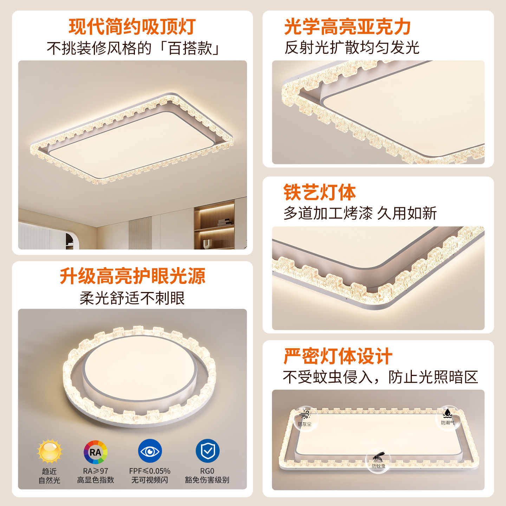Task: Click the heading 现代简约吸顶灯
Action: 132,26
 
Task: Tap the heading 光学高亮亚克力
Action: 348,26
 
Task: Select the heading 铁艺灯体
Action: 319,192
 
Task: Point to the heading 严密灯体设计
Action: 338,356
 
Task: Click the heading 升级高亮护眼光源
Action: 132,276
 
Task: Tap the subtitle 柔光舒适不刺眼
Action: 132,298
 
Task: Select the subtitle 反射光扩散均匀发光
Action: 352,47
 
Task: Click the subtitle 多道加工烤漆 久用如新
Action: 360,213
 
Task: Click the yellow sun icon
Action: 50,451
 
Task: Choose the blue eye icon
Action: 150,451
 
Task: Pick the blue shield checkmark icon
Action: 207,451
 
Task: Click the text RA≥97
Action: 96,471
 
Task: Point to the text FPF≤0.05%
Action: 150,471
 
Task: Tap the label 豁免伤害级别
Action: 207,480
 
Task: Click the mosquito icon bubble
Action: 378,461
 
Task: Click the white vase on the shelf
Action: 207,244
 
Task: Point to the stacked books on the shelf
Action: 225,222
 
